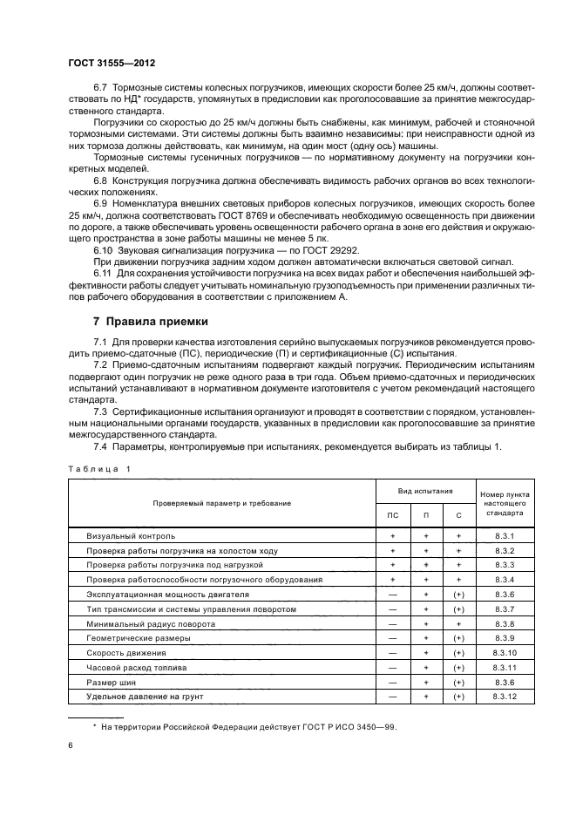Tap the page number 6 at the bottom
pyautogui.click(x=71, y=745)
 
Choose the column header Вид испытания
pyautogui.click(x=426, y=491)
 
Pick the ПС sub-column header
pyautogui.click(x=392, y=515)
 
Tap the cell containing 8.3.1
pyautogui.click(x=505, y=535)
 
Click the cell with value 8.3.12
pyautogui.click(x=505, y=697)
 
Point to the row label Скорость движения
pyautogui.click(x=125, y=653)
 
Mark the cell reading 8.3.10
pyautogui.click(x=505, y=653)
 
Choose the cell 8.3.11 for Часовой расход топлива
pyautogui.click(x=505, y=668)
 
